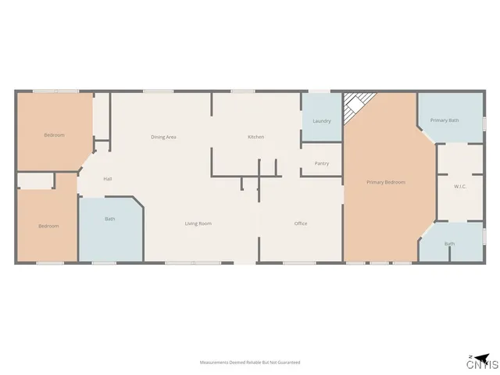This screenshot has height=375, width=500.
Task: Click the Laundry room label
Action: click(321, 121)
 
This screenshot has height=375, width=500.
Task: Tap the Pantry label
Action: click(321, 163)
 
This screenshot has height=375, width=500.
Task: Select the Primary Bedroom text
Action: click(386, 182)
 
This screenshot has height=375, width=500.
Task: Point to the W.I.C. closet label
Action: click(459, 187)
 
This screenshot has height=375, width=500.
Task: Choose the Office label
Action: click(300, 223)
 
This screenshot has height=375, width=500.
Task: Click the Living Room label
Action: click(198, 223)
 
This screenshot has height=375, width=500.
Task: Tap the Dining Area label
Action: click(163, 137)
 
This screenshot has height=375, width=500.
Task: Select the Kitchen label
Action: click(255, 137)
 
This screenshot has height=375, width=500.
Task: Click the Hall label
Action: click(107, 180)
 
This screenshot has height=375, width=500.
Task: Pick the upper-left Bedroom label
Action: click(54, 135)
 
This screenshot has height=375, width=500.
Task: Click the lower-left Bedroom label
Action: click(48, 226)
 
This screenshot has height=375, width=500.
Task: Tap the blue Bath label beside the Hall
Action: click(110, 219)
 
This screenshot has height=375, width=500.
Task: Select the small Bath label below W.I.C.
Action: click(449, 244)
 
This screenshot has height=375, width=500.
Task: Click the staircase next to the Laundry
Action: click(360, 103)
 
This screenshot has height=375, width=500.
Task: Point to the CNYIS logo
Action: click(481, 362)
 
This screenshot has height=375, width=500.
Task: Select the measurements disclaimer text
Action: click(249, 362)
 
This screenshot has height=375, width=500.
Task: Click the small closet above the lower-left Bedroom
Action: click(35, 181)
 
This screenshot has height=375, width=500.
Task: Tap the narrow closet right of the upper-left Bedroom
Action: click(102, 117)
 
